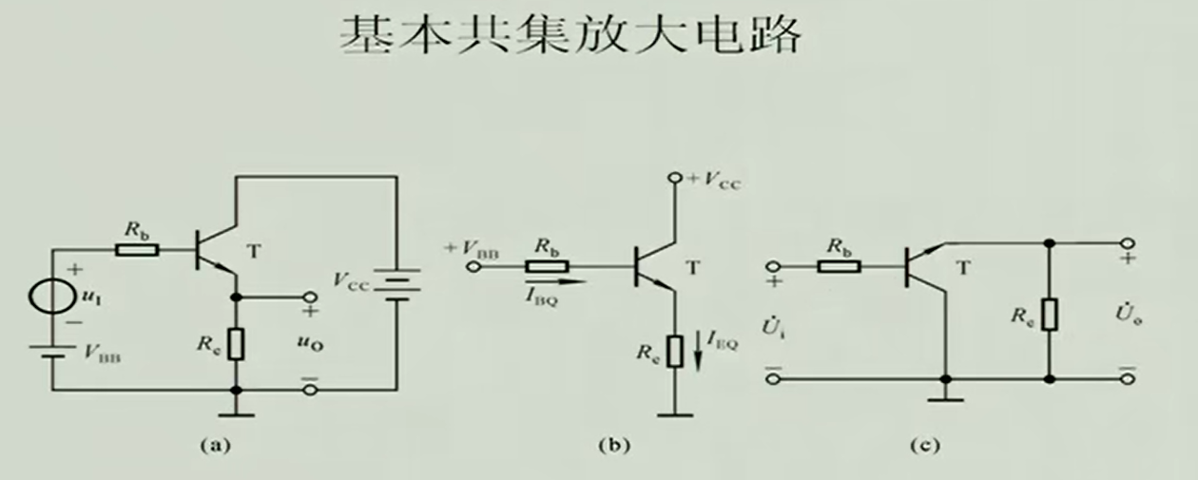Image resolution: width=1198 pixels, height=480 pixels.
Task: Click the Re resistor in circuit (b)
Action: (674, 351)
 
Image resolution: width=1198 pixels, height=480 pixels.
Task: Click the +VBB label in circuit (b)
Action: (473, 249)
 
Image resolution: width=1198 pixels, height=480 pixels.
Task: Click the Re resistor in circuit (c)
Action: (1049, 313)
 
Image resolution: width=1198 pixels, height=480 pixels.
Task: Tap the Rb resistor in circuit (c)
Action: (840, 266)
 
